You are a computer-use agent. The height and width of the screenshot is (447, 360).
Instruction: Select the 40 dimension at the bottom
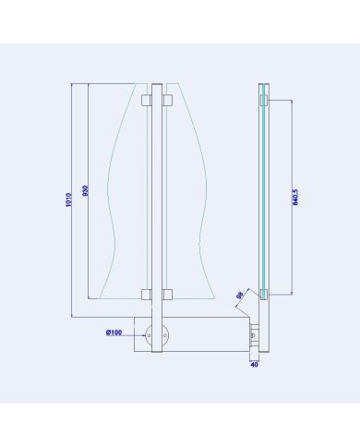255,365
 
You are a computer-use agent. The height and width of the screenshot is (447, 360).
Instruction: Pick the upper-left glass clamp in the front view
146,98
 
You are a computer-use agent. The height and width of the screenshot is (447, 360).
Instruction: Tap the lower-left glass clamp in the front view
146,295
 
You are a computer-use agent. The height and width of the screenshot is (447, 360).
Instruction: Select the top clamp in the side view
264,98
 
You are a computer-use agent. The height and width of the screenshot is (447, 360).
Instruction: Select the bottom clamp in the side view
264,295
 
